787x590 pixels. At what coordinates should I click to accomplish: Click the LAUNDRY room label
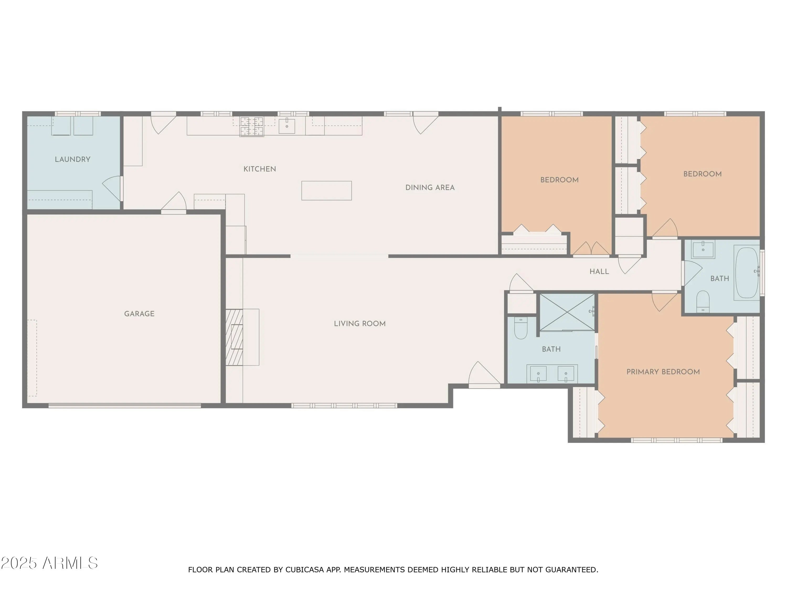73,159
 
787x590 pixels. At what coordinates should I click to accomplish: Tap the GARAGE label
139,314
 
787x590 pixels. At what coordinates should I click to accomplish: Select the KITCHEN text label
260,169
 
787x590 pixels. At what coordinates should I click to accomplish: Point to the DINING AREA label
430,187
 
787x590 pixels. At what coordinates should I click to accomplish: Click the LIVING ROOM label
360,324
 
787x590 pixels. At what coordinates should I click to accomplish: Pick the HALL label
599,272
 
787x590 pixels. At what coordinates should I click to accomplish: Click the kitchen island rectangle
327,191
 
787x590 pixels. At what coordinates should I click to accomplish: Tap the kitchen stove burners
252,127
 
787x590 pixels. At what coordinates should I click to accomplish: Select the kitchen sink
287,126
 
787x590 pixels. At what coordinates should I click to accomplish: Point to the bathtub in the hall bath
747,272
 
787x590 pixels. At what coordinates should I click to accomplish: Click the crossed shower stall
567,312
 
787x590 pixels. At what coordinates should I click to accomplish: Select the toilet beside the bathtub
703,302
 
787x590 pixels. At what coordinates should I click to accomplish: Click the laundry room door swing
112,189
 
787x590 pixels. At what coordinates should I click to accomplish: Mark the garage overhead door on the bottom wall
125,405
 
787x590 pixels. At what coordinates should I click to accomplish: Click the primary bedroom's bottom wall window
677,440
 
